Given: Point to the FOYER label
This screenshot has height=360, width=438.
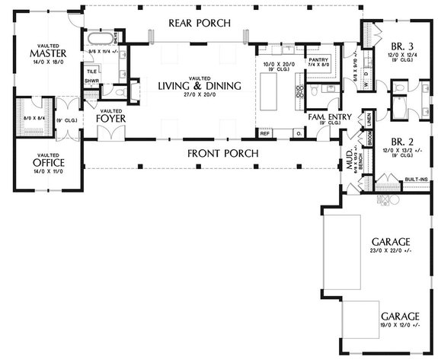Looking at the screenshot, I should pos(110,119).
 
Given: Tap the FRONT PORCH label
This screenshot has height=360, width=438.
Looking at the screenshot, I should pos(222,154).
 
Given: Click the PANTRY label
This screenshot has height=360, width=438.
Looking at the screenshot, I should pos(318,59).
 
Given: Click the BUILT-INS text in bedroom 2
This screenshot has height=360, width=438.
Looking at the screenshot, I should pos(416,179).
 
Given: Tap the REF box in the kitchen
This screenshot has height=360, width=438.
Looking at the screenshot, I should pos(265,133).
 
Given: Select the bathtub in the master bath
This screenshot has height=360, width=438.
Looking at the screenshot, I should pos(99,37).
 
